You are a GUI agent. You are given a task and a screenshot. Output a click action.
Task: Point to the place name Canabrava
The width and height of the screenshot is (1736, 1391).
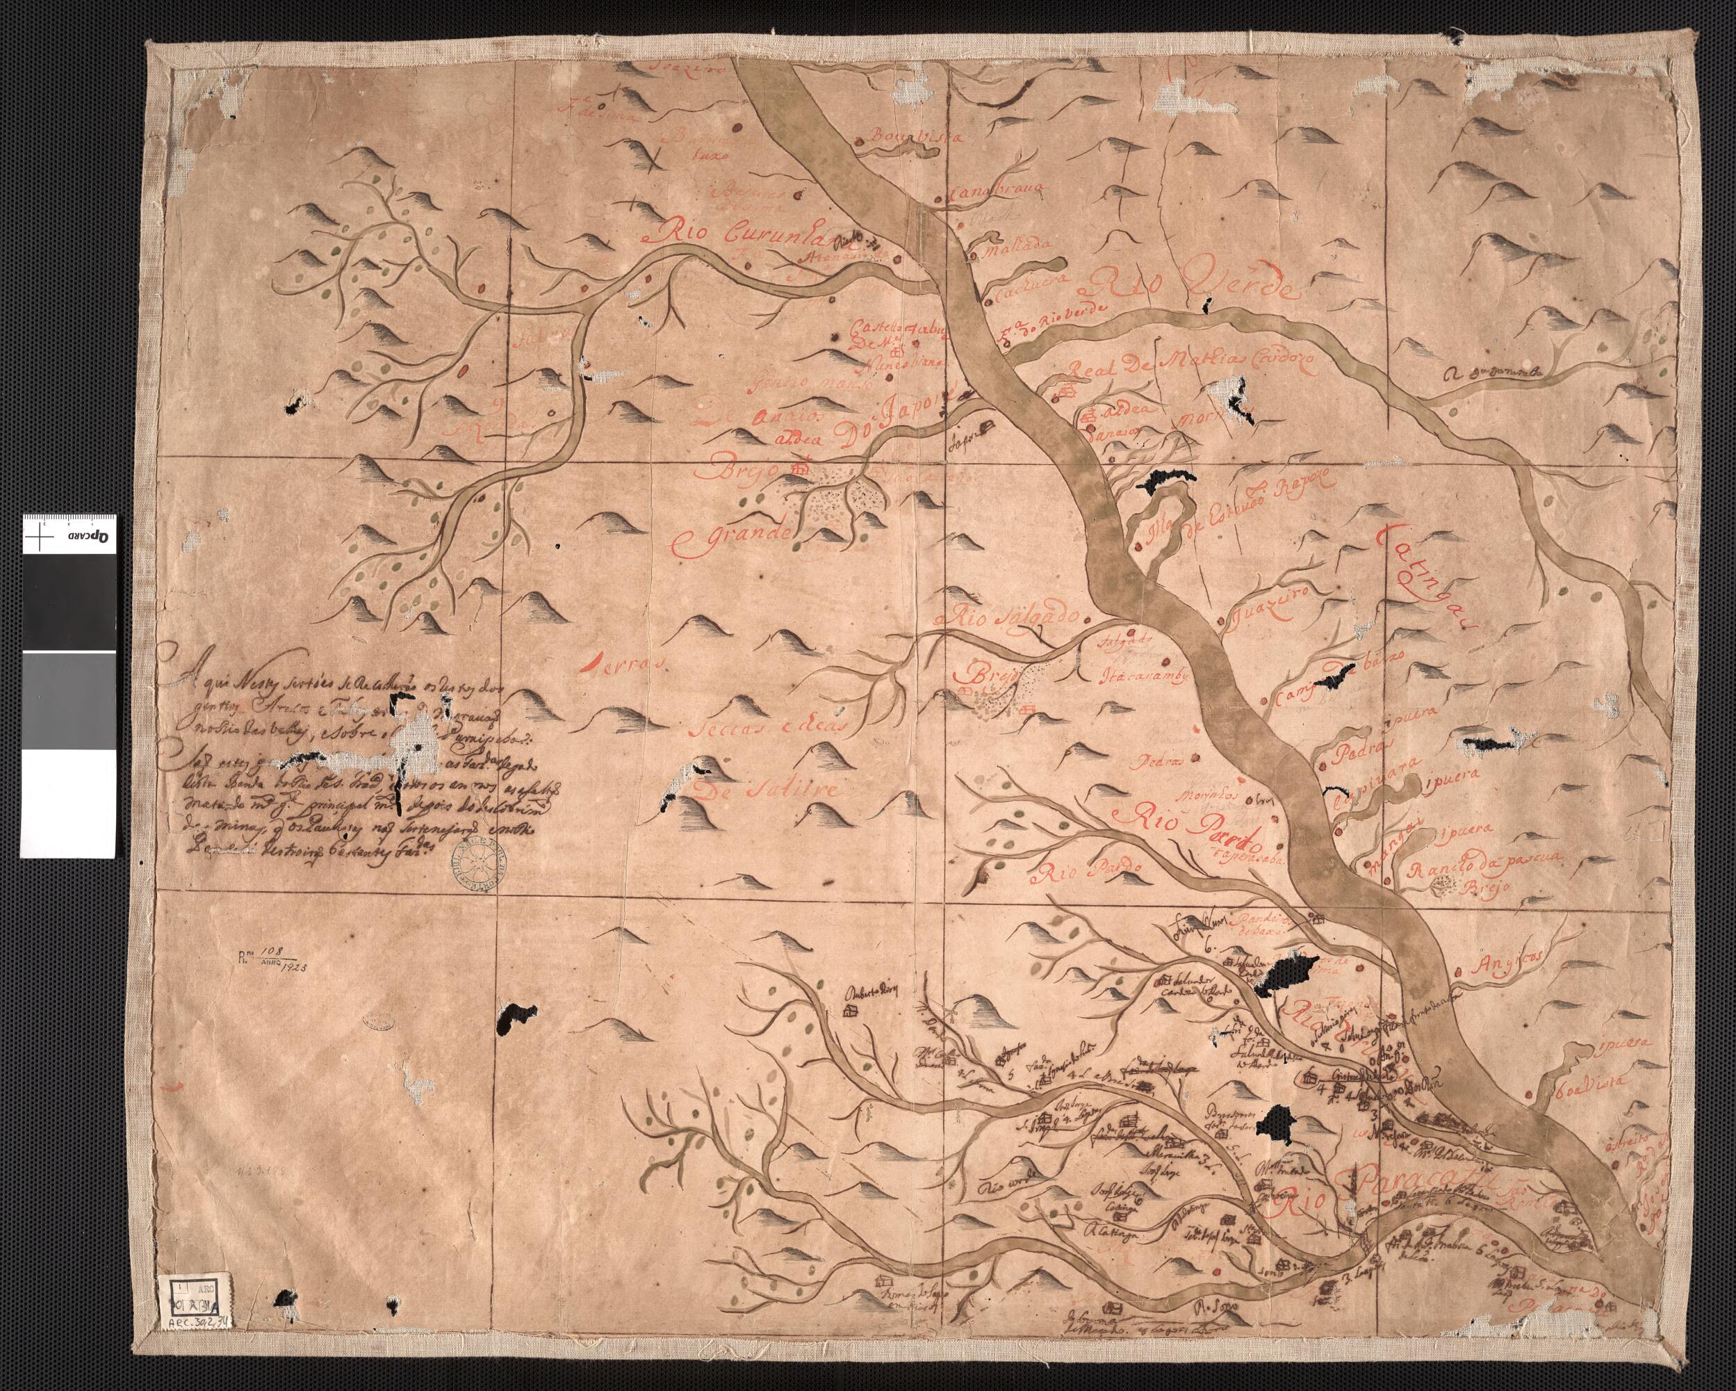click(x=997, y=193)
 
